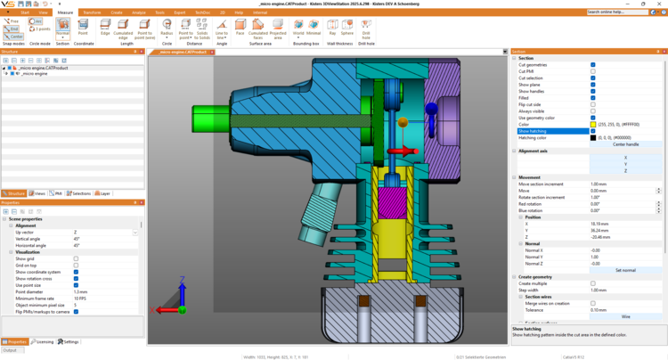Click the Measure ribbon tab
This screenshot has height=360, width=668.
[x=65, y=12]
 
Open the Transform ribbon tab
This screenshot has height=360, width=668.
[x=92, y=12]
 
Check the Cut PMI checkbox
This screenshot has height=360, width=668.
[x=593, y=71]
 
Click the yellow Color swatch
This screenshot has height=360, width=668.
[x=593, y=124]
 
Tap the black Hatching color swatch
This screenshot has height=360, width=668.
[x=593, y=137]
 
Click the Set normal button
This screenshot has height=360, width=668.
[x=625, y=270]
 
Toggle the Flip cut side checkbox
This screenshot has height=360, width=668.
[x=593, y=104]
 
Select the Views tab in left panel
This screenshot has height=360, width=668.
[x=37, y=193]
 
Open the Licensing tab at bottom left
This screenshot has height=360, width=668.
[x=43, y=341]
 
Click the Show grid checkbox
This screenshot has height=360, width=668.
[x=76, y=258]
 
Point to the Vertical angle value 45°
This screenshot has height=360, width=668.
[x=77, y=239]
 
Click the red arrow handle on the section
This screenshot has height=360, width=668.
[x=403, y=151]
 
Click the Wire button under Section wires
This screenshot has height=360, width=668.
[x=625, y=316]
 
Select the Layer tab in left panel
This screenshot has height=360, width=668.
[x=103, y=193]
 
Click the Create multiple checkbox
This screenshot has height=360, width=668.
[x=593, y=283]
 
